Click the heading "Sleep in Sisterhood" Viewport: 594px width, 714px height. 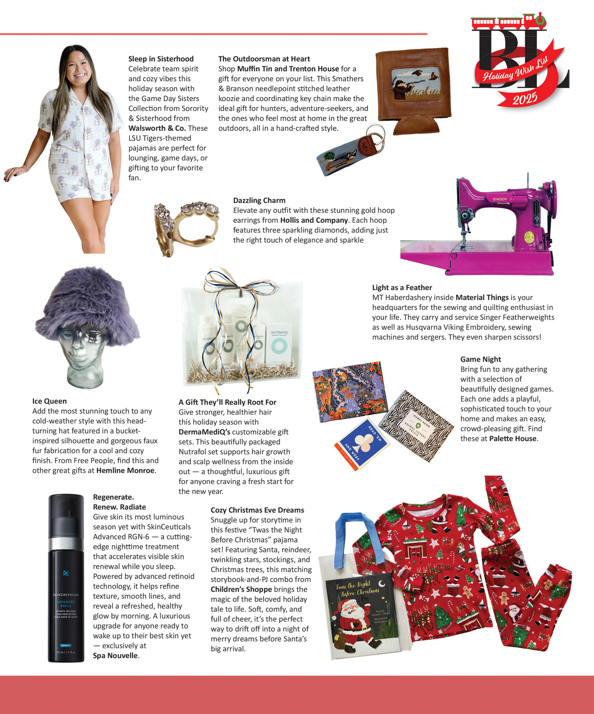coord(161,59)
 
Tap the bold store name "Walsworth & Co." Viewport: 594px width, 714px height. coord(157,128)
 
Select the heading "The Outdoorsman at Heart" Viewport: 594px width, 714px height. coord(264,59)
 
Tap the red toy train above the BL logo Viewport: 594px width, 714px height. coord(508,21)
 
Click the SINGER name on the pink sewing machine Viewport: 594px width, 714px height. coord(499,199)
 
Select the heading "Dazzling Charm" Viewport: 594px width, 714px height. coord(259,200)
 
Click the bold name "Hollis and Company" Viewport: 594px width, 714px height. coord(314,220)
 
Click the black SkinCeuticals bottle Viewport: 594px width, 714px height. coord(66,578)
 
